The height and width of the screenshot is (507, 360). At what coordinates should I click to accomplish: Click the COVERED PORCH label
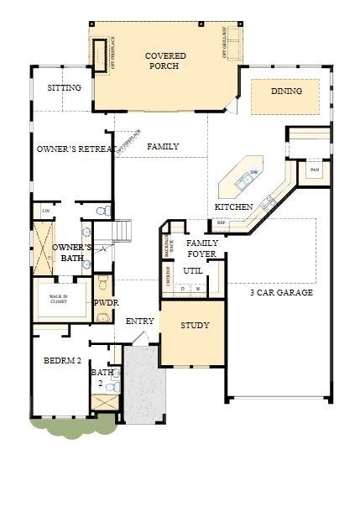[x=164, y=60]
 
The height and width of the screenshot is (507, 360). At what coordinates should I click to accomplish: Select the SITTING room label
[x=64, y=87]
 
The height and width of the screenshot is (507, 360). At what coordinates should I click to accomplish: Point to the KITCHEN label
[x=233, y=206]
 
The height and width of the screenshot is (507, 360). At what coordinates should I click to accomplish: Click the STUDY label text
[x=195, y=325]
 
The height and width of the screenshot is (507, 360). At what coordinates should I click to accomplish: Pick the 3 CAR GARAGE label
[x=280, y=293]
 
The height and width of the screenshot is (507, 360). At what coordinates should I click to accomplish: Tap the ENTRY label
[x=139, y=321]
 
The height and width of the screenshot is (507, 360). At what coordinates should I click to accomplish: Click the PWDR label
[x=105, y=302]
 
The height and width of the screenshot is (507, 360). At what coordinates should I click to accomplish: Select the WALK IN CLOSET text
[x=58, y=298]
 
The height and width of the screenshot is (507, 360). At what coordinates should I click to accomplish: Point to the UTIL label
[x=193, y=271]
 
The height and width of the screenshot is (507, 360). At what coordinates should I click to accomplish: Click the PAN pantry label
[x=315, y=170]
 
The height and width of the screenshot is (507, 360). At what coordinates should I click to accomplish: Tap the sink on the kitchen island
[x=253, y=173]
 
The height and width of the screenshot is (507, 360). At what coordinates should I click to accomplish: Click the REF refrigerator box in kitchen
[x=221, y=223]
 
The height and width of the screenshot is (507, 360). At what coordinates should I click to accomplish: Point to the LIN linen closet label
[x=44, y=210]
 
